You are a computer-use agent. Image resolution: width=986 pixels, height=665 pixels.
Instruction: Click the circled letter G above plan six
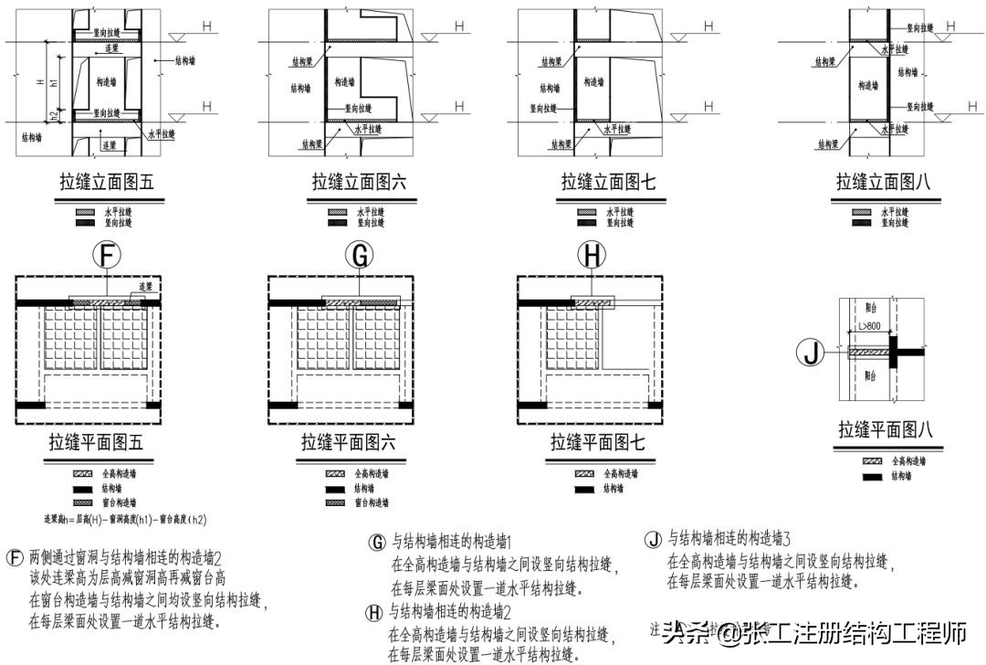[361, 258]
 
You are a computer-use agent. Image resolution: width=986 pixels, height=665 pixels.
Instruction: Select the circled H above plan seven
[593, 258]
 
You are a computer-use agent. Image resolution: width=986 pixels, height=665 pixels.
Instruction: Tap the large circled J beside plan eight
[811, 351]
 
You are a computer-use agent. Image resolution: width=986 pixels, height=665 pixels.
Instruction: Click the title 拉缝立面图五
[107, 184]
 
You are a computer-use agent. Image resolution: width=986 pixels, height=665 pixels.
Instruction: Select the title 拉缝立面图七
[608, 184]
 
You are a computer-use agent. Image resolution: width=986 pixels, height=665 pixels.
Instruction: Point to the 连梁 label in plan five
[144, 287]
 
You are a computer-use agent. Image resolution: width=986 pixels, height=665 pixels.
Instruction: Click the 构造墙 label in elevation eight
[867, 86]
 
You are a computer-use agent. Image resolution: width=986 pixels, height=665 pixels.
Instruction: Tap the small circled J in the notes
[653, 538]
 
